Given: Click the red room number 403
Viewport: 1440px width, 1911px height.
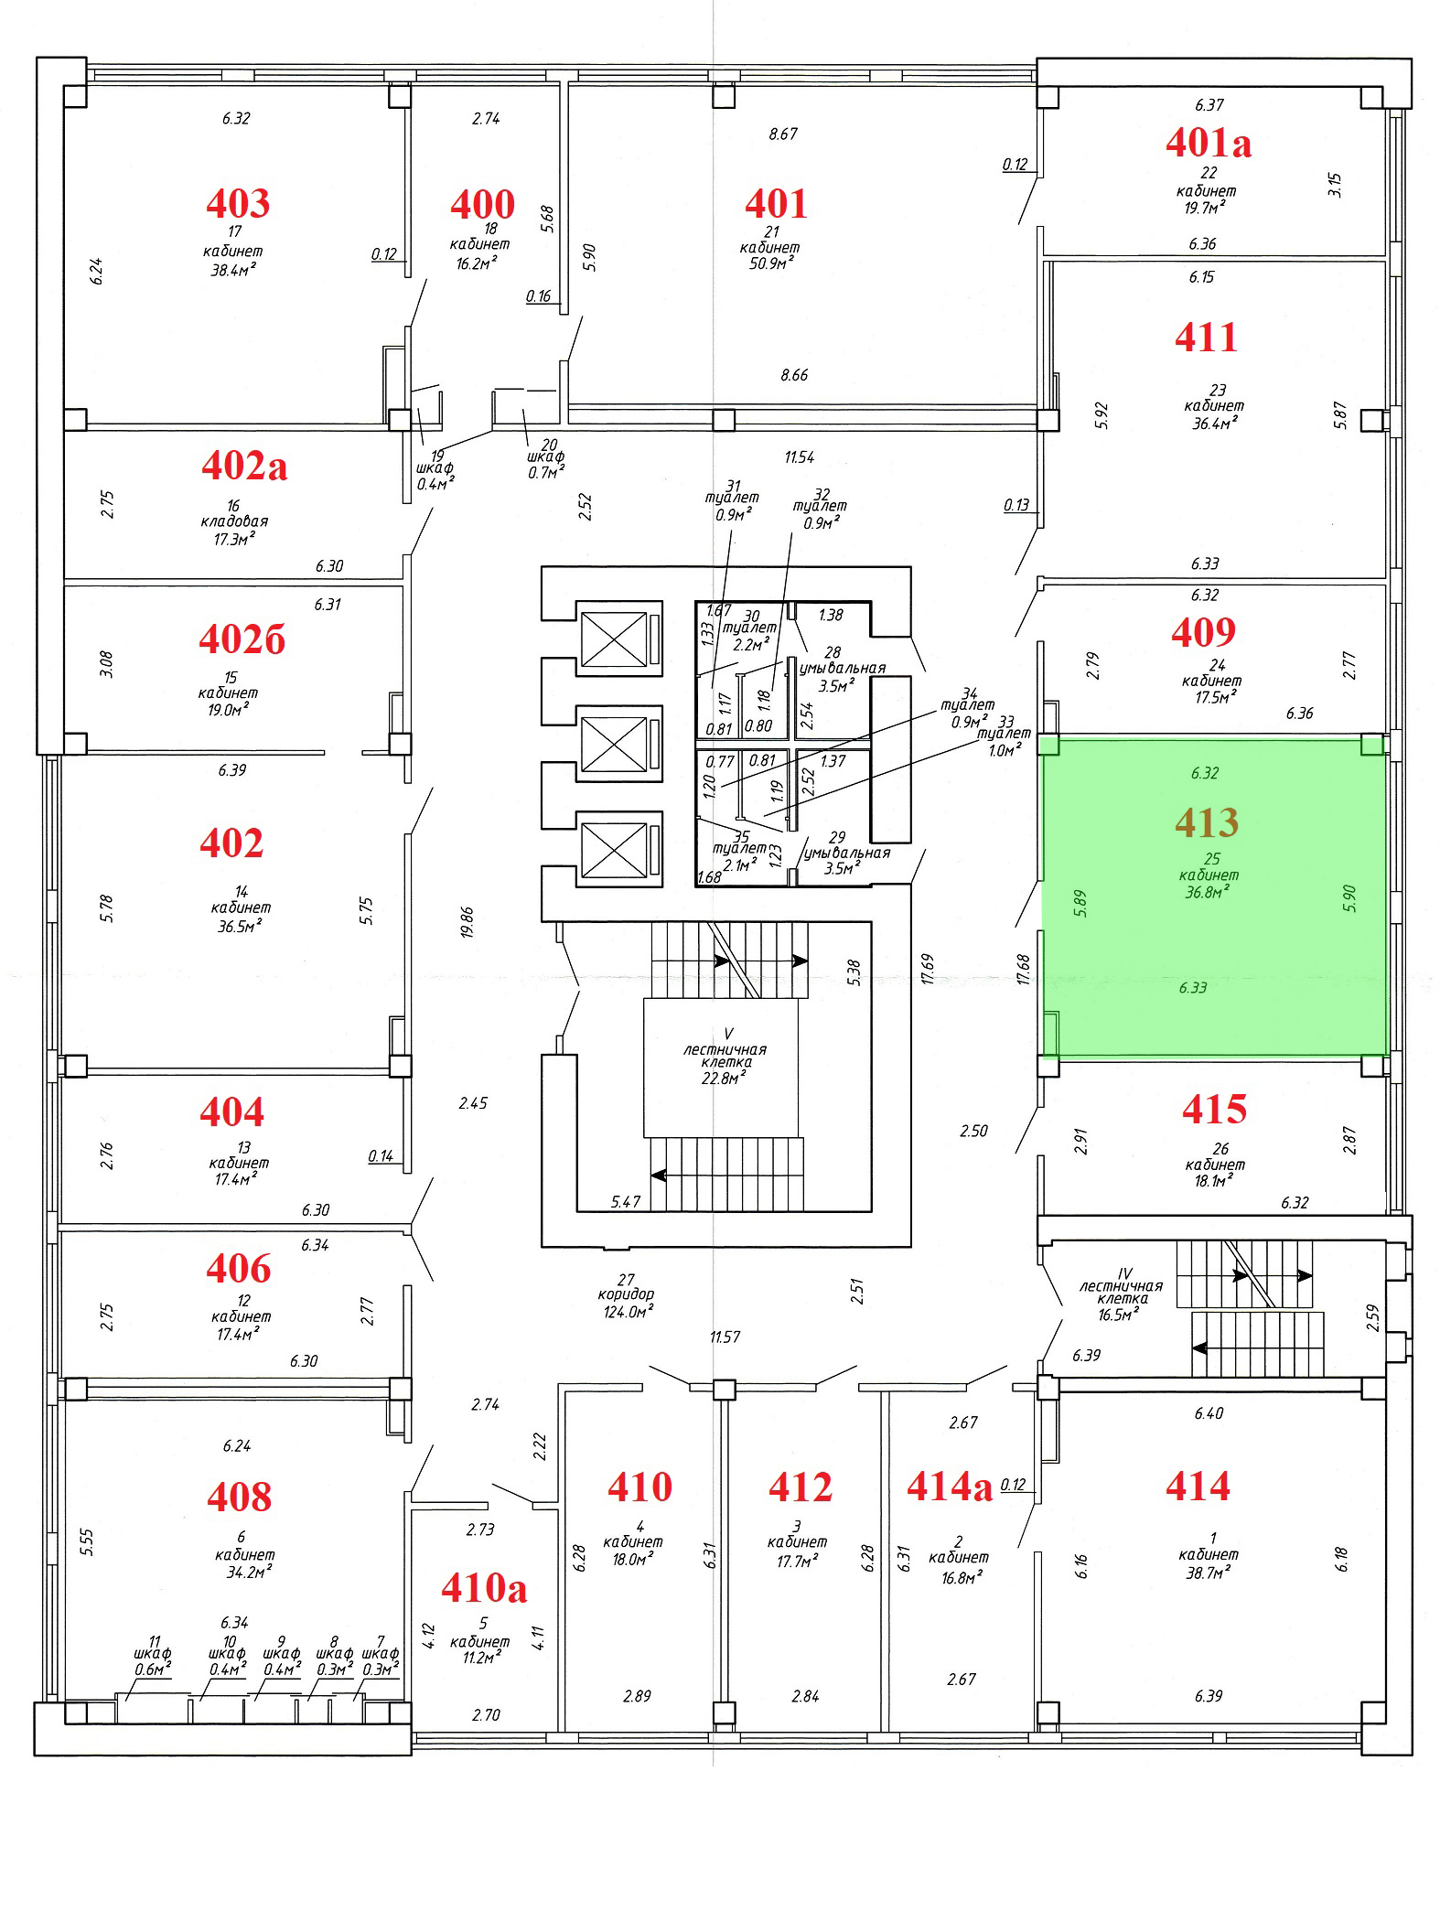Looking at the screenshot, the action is (x=238, y=203).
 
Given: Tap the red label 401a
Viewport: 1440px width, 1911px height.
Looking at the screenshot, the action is (x=1209, y=142).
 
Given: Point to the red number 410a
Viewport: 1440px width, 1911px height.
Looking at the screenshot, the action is (x=484, y=1588).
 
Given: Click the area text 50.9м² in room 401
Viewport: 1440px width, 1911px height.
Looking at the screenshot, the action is (x=770, y=263).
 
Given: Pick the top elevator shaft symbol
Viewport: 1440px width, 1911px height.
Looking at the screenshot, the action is (x=618, y=639).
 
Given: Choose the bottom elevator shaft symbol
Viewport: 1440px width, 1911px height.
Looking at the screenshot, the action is (x=618, y=849).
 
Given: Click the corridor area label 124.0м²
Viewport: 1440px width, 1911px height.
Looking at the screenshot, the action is (x=625, y=1311).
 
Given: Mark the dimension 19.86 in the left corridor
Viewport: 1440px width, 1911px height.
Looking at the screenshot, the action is (x=467, y=922).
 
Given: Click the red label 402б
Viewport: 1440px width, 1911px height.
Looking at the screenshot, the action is (x=242, y=639).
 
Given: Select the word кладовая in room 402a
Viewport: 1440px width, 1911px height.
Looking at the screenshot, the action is (x=234, y=521).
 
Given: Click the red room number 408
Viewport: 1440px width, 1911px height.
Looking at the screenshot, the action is (x=239, y=1498).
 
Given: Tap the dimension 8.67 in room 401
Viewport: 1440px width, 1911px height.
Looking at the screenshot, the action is (x=783, y=134).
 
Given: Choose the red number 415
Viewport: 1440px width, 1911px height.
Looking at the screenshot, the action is (x=1214, y=1110).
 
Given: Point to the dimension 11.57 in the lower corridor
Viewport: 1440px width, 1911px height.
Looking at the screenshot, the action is (x=725, y=1337).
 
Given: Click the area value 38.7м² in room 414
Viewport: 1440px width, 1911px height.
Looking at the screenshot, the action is (x=1208, y=1572).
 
